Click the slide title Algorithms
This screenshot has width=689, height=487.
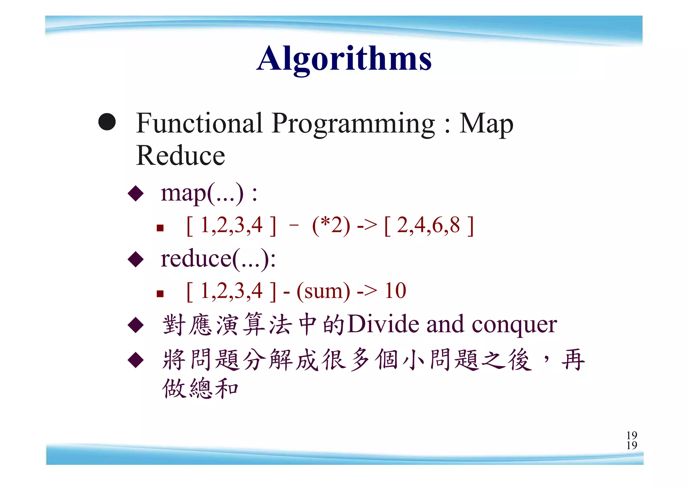[x=344, y=59]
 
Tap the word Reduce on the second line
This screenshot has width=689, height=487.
[x=180, y=155]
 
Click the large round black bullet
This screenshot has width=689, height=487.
[x=107, y=121]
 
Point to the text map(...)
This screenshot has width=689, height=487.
[x=202, y=194]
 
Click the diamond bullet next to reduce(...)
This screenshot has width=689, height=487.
[x=136, y=259]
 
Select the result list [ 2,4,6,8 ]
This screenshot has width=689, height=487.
[x=429, y=225]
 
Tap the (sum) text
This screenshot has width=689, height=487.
[x=323, y=291]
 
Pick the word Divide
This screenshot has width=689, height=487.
[x=384, y=324]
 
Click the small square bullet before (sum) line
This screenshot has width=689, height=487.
[x=160, y=294]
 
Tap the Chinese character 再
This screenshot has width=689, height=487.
[x=573, y=359]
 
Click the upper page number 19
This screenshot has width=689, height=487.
[x=631, y=435]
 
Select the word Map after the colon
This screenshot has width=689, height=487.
[x=486, y=124]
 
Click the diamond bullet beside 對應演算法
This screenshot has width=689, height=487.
[x=136, y=325]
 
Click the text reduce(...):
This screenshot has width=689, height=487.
[x=218, y=259]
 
